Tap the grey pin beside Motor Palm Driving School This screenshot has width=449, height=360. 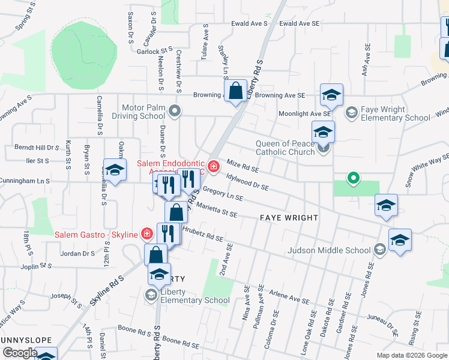click(175, 110)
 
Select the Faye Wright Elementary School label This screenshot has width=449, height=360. click(396, 114)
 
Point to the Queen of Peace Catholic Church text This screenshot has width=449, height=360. click(285, 148)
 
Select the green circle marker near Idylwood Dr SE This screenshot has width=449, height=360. click(354, 178)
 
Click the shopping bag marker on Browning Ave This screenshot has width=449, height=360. click(237, 91)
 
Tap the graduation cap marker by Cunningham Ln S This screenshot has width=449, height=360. click(115, 169)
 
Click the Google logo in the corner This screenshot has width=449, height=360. click(20, 353)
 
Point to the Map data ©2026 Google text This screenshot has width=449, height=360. click(412, 355)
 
